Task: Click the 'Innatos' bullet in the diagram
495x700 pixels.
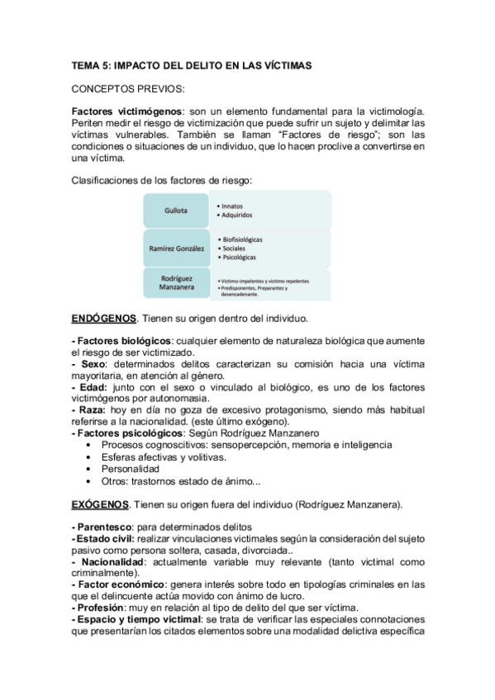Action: point(236,205)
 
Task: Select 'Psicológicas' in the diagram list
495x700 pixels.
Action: point(240,258)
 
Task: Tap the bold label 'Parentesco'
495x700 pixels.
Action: point(104,527)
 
